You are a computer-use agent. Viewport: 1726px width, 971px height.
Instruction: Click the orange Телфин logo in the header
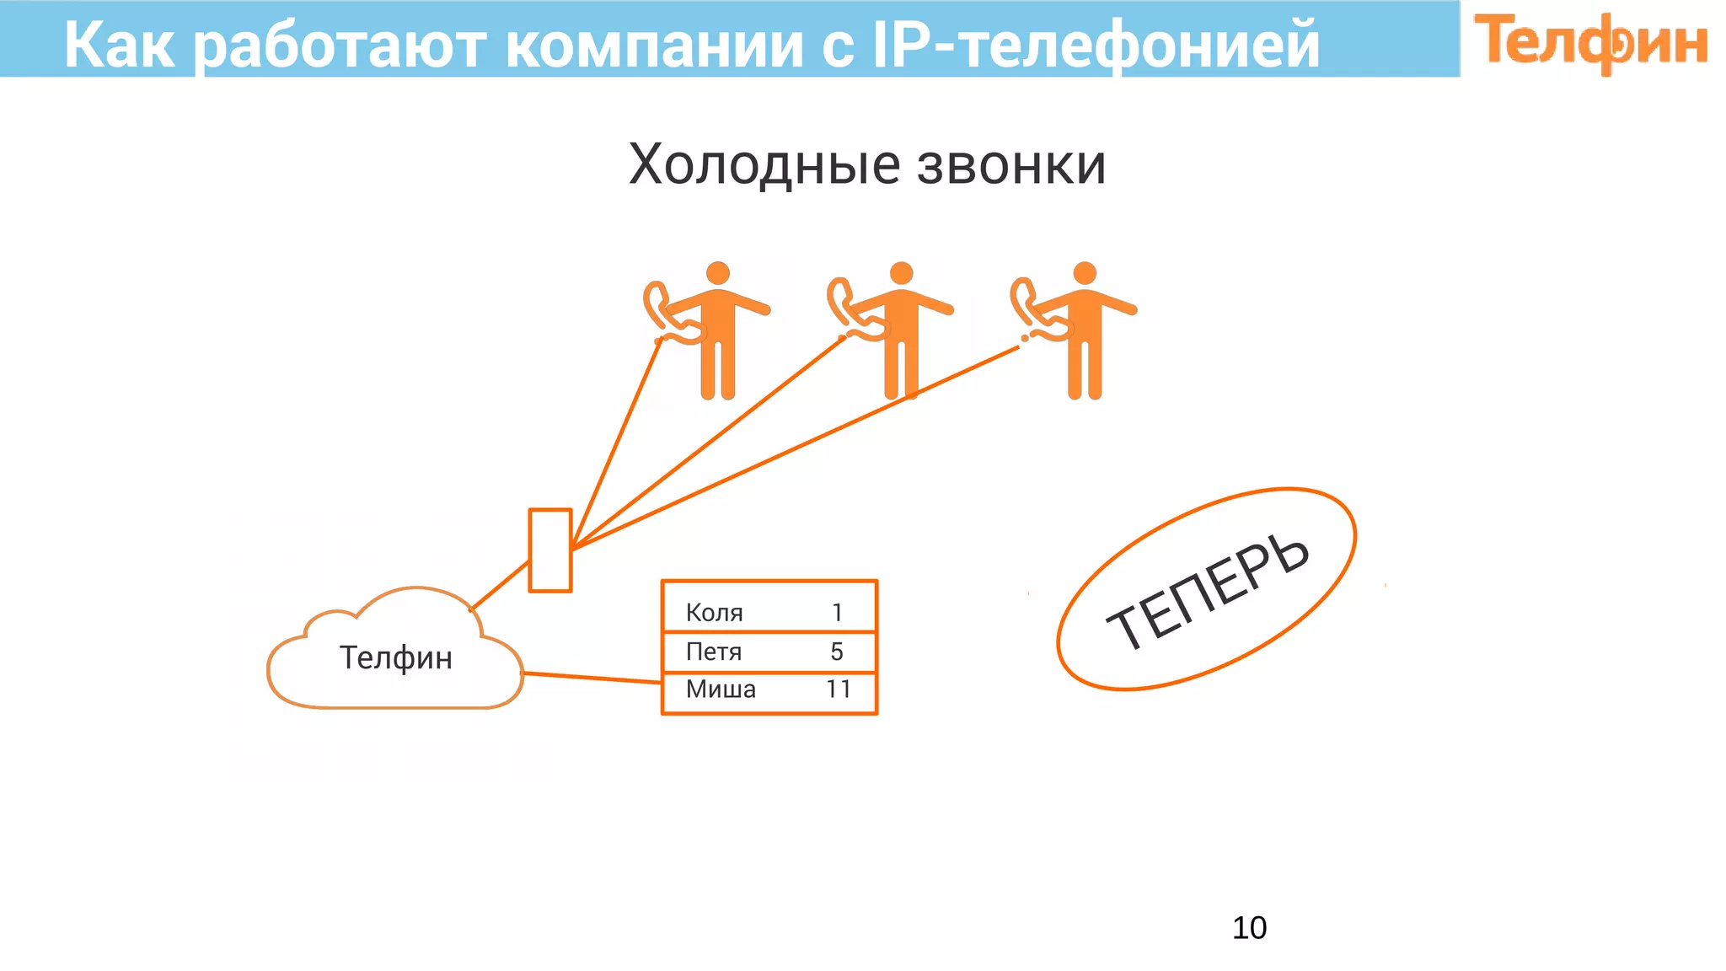pyautogui.click(x=1590, y=42)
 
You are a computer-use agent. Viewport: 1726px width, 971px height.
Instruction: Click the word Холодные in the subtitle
pyautogui.click(x=764, y=164)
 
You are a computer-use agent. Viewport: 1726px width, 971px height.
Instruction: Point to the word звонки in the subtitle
pyautogui.click(x=1010, y=165)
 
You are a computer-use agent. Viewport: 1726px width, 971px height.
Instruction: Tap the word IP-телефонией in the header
pyautogui.click(x=1095, y=45)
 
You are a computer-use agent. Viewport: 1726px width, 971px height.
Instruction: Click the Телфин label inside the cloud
pyautogui.click(x=395, y=657)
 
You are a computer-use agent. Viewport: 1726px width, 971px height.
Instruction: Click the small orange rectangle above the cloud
pyautogui.click(x=549, y=550)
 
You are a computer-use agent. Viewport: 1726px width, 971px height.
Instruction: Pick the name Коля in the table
pyautogui.click(x=714, y=613)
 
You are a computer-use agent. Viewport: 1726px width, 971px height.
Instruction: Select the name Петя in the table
pyautogui.click(x=713, y=652)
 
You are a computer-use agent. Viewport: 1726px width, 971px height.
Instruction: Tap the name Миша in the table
pyautogui.click(x=721, y=689)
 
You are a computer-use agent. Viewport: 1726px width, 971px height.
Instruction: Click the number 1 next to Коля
pyautogui.click(x=837, y=613)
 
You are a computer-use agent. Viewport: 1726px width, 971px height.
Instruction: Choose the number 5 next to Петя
pyautogui.click(x=837, y=652)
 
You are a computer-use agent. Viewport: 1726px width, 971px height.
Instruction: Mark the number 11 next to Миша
pyautogui.click(x=839, y=689)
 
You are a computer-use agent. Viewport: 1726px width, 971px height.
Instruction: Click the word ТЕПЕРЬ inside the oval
pyautogui.click(x=1207, y=592)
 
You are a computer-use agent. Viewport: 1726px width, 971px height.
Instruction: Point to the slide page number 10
pyautogui.click(x=1249, y=928)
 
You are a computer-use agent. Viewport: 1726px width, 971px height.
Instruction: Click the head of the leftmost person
pyautogui.click(x=718, y=273)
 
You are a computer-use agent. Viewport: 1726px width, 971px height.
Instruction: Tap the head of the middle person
pyautogui.click(x=901, y=273)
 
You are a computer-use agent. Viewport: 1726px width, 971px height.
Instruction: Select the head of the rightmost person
pyautogui.click(x=1085, y=273)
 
